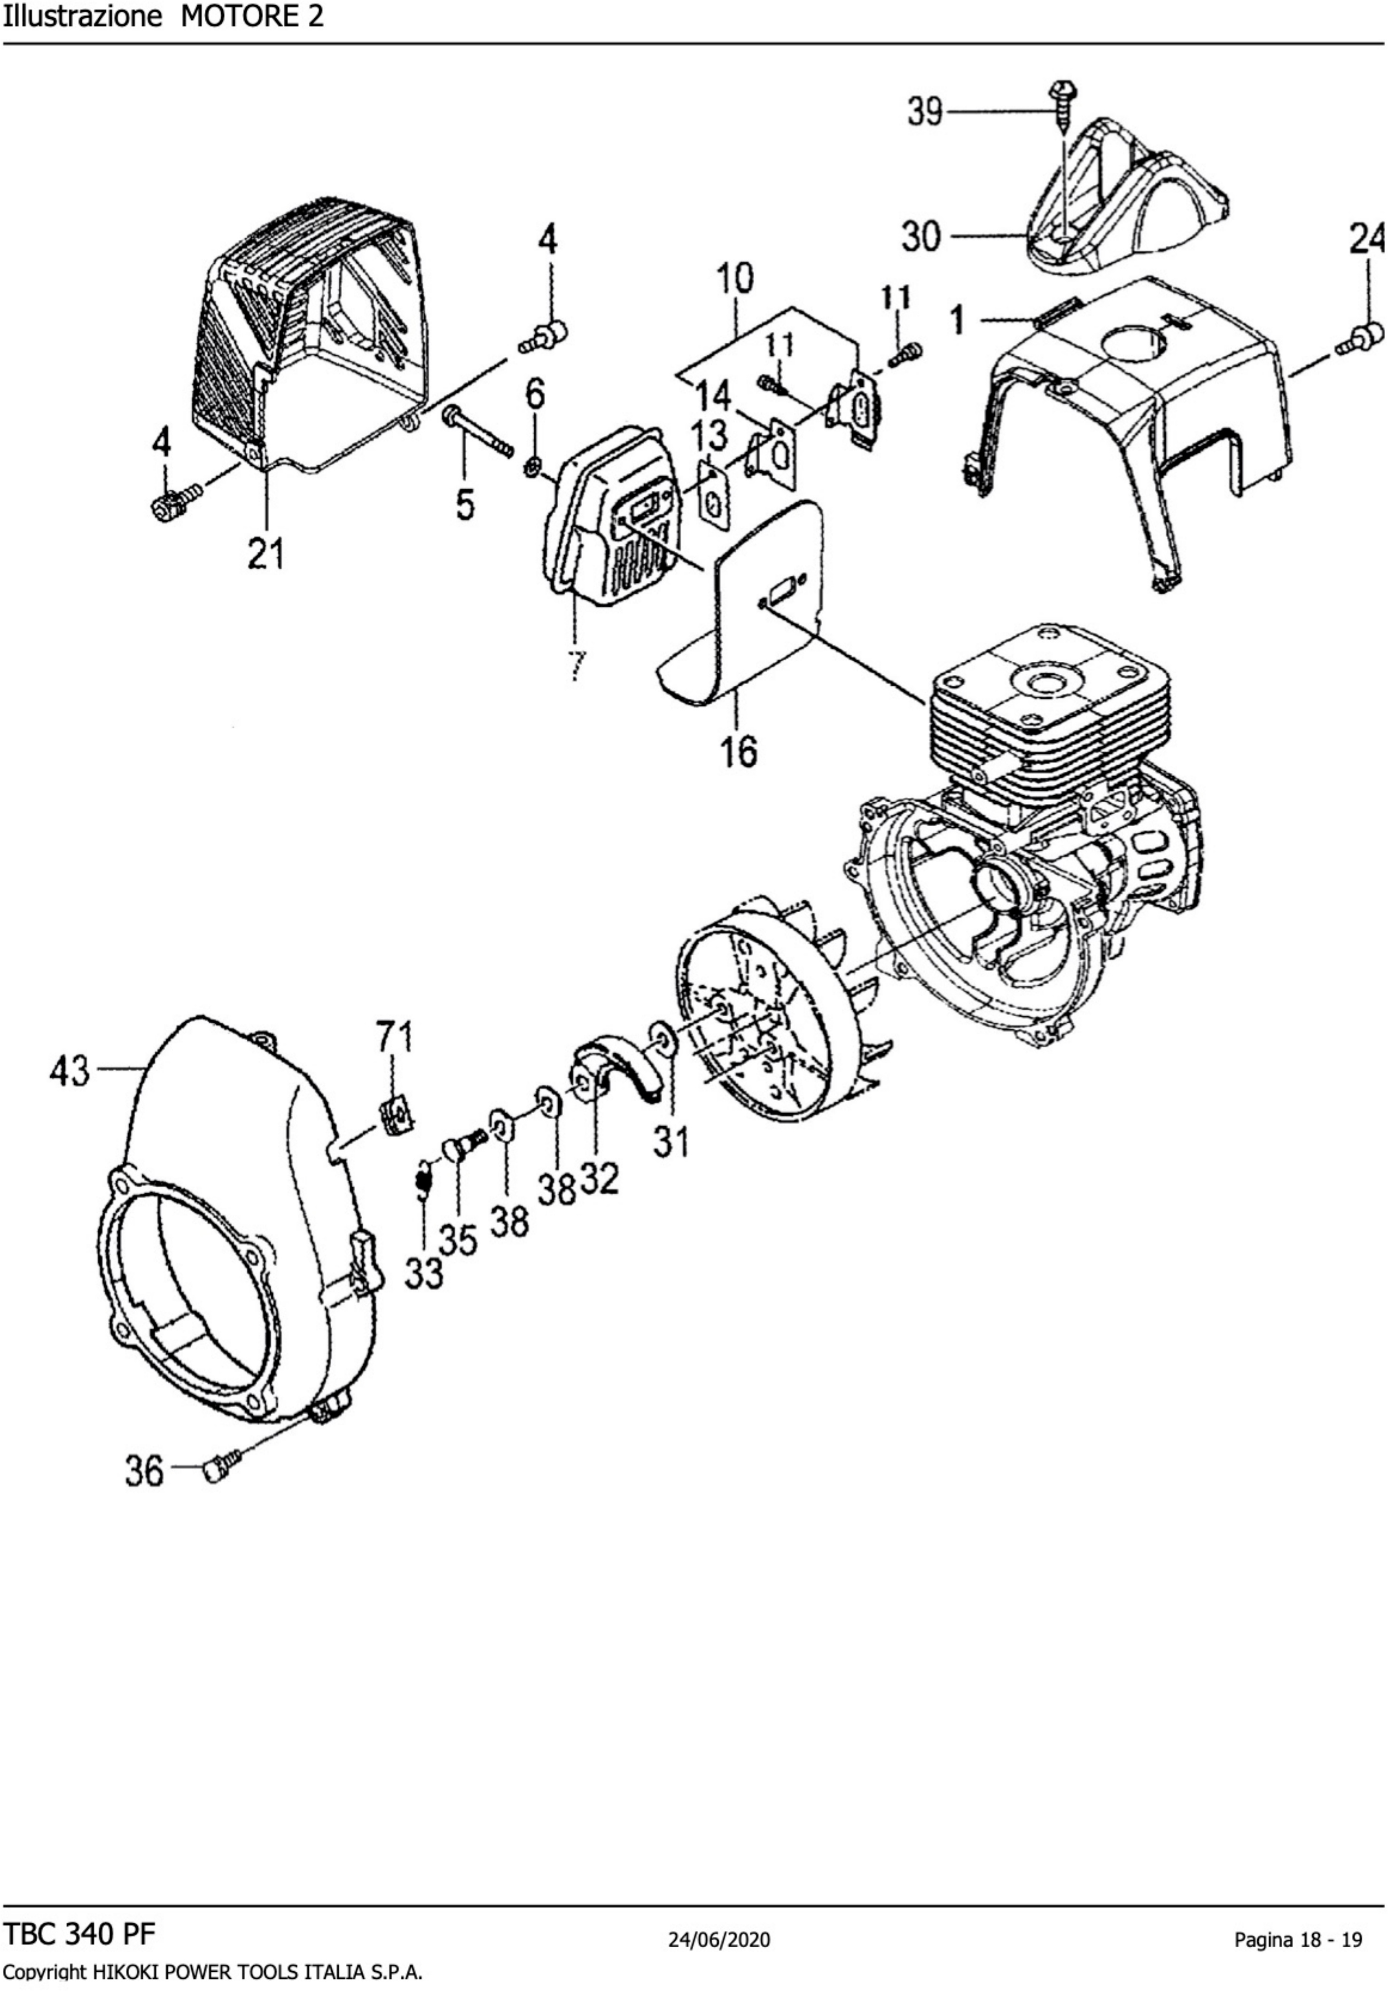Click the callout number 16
tap(738, 751)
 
